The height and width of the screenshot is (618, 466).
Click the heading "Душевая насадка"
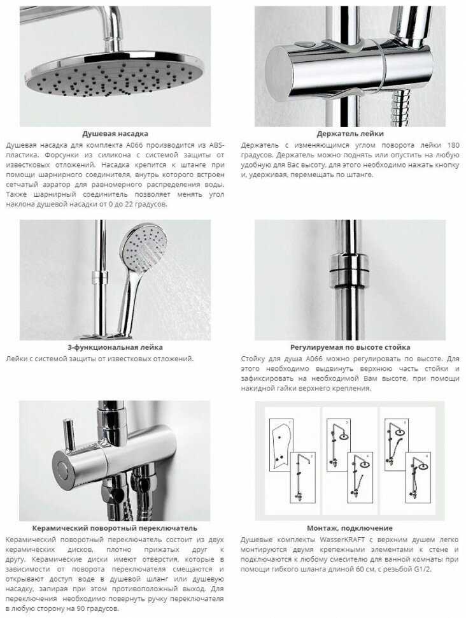point(115,134)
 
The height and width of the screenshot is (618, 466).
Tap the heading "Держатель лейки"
point(349,134)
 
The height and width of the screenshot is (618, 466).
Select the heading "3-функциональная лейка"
point(115,347)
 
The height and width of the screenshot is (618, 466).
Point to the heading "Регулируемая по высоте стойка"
point(349,347)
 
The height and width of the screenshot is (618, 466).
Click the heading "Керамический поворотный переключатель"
point(115,528)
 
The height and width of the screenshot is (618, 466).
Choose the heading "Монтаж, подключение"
point(349,528)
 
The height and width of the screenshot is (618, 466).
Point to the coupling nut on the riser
point(349,268)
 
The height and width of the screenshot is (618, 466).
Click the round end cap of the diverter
point(63,470)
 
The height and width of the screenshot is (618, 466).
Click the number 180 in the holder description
point(453,145)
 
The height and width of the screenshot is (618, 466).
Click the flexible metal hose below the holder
point(401,106)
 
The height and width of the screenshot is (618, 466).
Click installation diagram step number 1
point(290,422)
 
